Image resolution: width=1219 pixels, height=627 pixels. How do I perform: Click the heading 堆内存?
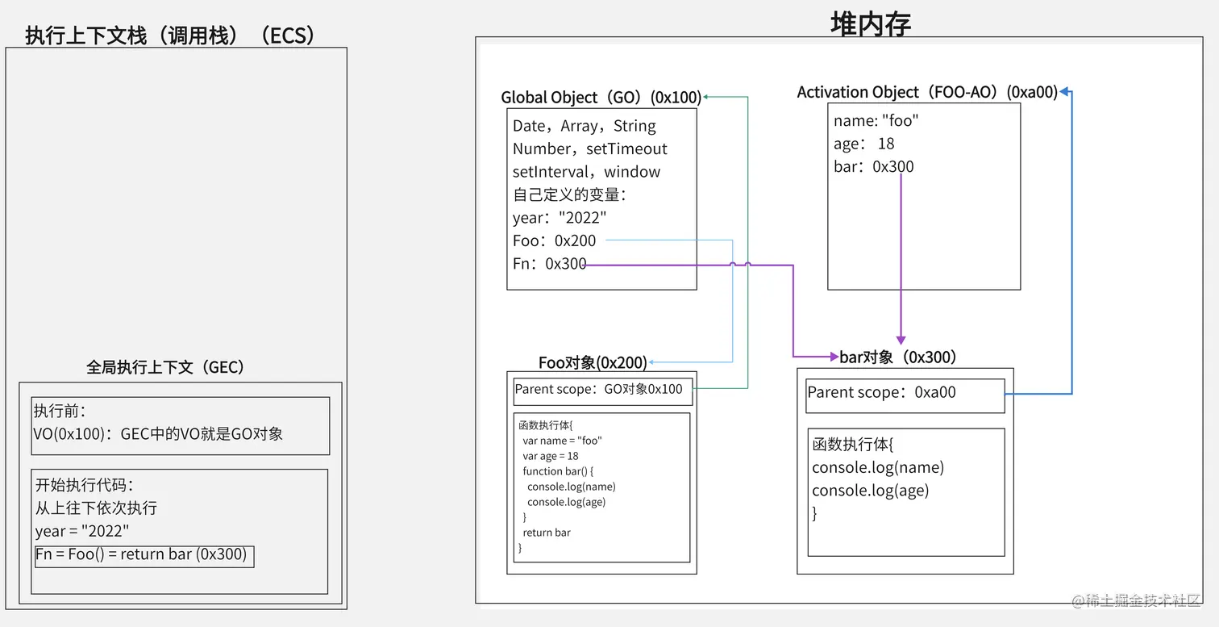(x=871, y=24)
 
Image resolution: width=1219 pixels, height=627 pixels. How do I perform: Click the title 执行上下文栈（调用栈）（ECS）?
(x=170, y=36)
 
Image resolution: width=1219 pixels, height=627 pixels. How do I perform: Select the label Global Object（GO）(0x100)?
(x=601, y=98)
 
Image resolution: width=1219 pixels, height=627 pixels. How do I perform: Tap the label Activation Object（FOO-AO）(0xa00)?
(x=927, y=92)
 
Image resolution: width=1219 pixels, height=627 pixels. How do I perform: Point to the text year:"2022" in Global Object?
(x=560, y=218)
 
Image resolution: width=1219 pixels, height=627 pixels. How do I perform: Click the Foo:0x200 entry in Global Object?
(x=555, y=240)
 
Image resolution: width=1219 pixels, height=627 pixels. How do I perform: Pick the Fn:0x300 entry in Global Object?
(x=549, y=264)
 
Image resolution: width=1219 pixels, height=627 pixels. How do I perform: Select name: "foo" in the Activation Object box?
(x=876, y=121)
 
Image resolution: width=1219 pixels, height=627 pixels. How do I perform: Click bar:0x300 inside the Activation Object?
(x=874, y=167)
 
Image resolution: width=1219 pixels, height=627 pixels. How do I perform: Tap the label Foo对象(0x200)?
(x=593, y=363)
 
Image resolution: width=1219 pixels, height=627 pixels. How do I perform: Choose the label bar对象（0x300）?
(x=898, y=357)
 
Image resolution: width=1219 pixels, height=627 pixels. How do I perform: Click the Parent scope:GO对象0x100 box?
(x=601, y=390)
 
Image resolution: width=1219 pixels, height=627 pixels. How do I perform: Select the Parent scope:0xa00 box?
(x=905, y=394)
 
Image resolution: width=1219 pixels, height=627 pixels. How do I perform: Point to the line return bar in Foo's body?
(x=547, y=533)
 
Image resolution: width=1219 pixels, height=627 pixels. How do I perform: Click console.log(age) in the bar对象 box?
(x=870, y=491)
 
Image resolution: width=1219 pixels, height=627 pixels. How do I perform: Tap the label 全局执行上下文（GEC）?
(x=165, y=367)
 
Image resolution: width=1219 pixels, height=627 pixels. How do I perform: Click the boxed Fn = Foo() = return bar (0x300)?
(x=144, y=555)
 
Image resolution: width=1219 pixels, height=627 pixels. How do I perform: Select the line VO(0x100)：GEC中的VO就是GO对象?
(x=158, y=434)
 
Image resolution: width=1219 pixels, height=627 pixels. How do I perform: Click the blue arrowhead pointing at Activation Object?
(x=1065, y=93)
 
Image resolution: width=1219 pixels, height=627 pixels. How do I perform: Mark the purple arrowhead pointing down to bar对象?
(x=901, y=341)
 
